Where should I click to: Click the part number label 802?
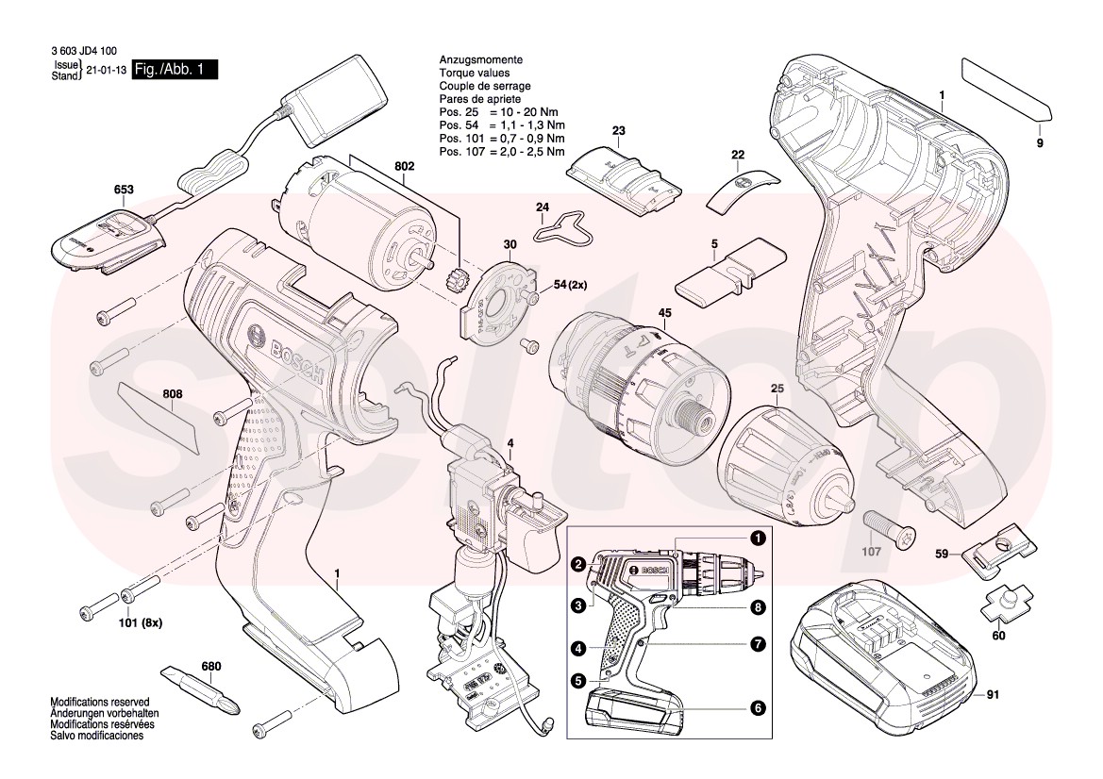click(404, 166)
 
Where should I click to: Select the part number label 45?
click(664, 313)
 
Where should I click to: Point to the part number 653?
click(124, 190)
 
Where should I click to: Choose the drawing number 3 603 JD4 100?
click(84, 53)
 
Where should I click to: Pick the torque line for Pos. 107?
click(502, 151)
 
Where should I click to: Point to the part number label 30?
click(510, 245)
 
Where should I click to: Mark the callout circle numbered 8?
click(757, 608)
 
